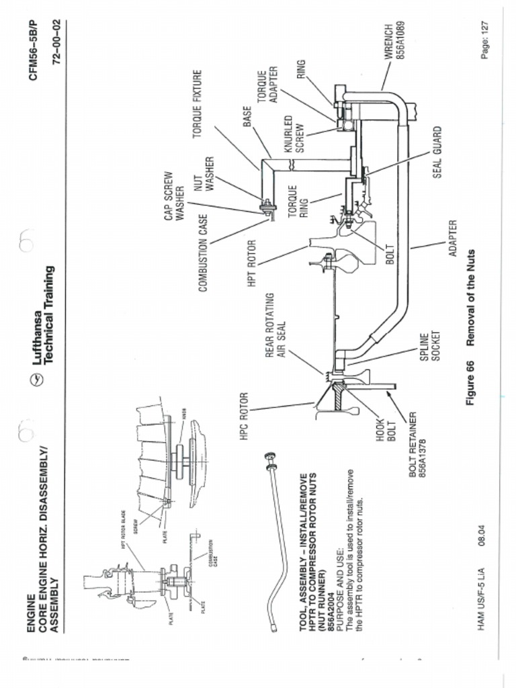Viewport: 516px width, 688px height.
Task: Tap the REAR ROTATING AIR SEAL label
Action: (x=276, y=325)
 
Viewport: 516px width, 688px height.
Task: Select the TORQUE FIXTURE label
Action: (x=198, y=104)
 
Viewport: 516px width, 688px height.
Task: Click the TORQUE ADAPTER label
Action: (x=269, y=85)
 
